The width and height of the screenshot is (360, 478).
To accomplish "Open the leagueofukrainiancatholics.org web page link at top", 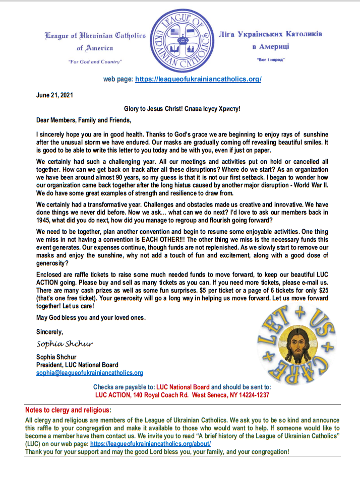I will [198, 79].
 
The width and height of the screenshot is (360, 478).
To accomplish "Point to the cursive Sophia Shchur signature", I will [65, 345].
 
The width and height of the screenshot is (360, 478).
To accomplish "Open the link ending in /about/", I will [150, 444].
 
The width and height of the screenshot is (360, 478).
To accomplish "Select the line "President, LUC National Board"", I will [77, 365].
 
